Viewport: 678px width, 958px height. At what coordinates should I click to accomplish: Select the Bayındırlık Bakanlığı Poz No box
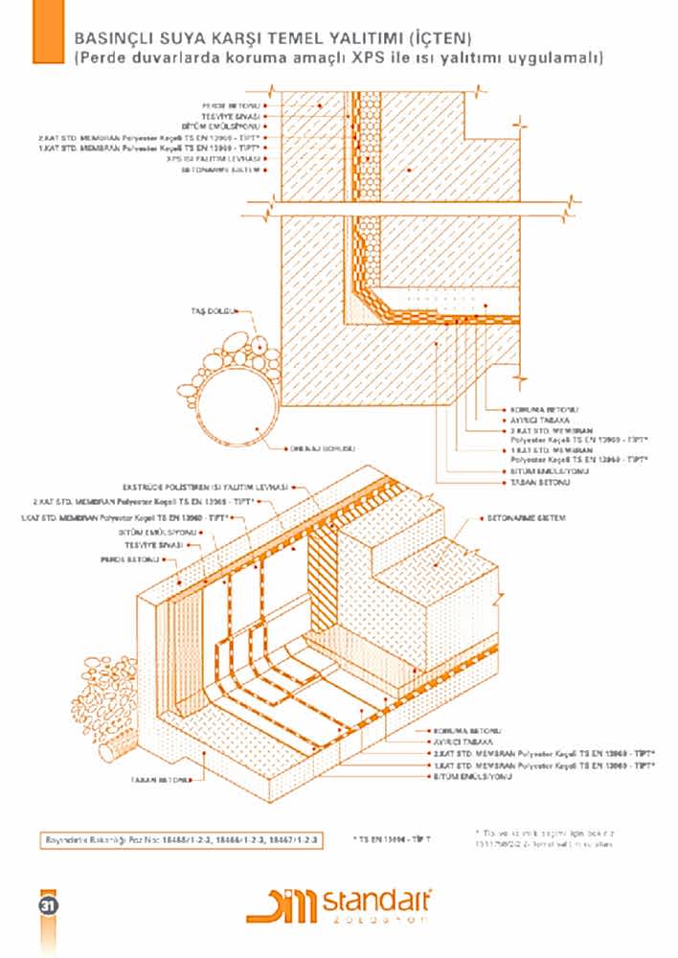click(x=183, y=839)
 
